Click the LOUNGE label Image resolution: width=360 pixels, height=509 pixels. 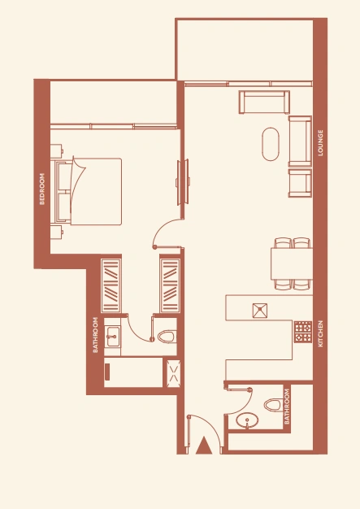(x=320, y=143)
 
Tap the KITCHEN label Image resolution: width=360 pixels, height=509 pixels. (x=320, y=333)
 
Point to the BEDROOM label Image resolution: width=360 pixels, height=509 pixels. (x=41, y=189)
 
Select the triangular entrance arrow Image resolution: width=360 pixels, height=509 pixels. (x=204, y=446)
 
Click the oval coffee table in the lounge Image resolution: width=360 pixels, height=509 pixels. (x=270, y=144)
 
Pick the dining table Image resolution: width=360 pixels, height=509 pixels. (x=292, y=263)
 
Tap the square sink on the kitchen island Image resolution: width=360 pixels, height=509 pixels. (x=260, y=311)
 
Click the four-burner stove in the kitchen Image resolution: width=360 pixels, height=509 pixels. (x=303, y=332)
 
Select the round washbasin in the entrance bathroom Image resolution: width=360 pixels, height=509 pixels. (x=247, y=420)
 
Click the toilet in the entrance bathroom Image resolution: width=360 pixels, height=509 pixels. (x=272, y=405)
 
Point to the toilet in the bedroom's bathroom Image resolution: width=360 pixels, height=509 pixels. (x=167, y=337)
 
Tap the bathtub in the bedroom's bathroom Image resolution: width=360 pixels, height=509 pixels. (x=133, y=372)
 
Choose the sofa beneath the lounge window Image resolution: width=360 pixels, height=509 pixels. (x=264, y=102)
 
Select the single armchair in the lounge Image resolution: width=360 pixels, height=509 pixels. (x=300, y=183)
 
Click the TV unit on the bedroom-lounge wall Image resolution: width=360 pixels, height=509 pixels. (x=183, y=182)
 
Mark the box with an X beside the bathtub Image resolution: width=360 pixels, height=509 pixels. (x=173, y=373)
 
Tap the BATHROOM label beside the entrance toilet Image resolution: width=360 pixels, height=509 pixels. (x=287, y=407)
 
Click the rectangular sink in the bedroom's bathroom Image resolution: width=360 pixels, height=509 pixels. (x=112, y=337)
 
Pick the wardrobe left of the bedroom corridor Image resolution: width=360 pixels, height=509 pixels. (x=111, y=285)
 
